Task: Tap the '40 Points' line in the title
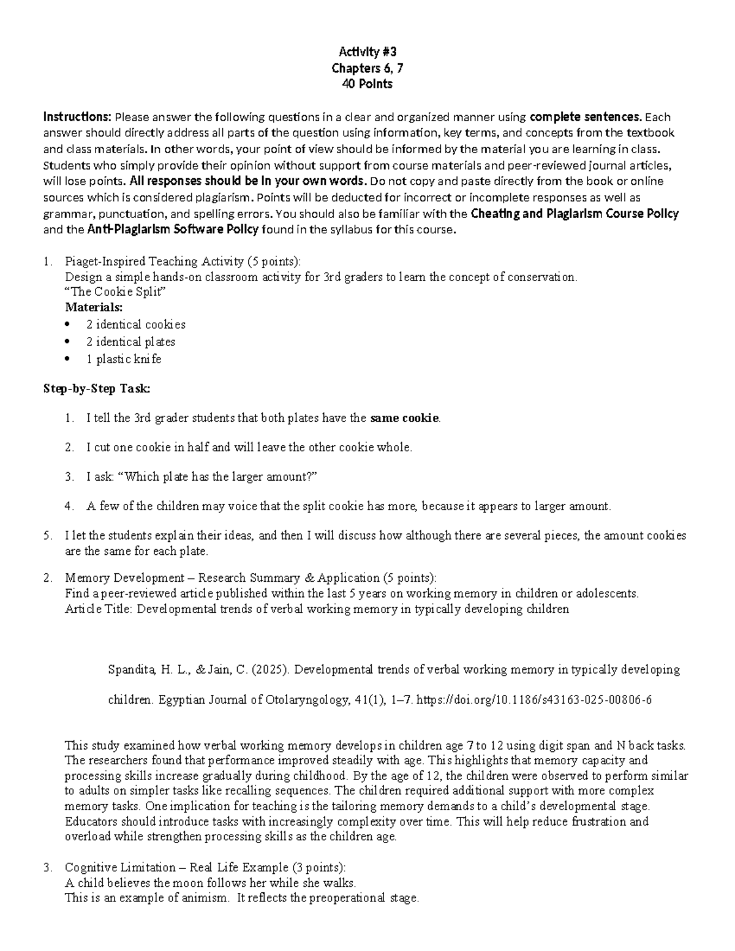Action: [x=367, y=85]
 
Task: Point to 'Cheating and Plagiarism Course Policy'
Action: [x=575, y=214]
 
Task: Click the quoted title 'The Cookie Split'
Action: [x=115, y=292]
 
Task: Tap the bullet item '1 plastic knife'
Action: [x=124, y=359]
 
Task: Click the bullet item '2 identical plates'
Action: [x=130, y=342]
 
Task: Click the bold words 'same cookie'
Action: [x=404, y=419]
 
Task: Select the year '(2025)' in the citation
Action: [x=269, y=669]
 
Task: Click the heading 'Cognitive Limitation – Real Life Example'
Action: [x=176, y=868]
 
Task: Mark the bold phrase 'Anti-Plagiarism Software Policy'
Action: [x=173, y=230]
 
